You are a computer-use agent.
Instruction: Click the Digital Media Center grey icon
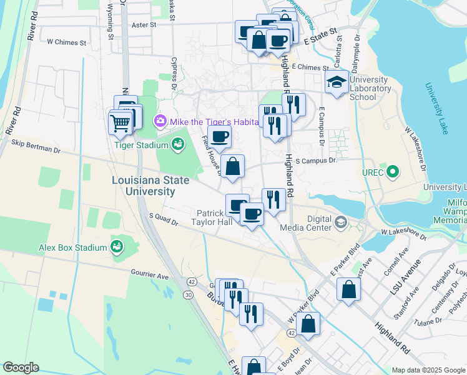342,222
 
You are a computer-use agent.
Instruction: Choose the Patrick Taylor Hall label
212,217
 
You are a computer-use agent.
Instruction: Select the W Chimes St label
67,42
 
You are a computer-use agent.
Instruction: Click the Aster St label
144,25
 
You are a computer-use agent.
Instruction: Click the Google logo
20,367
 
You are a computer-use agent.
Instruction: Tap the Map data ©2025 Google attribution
428,370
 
